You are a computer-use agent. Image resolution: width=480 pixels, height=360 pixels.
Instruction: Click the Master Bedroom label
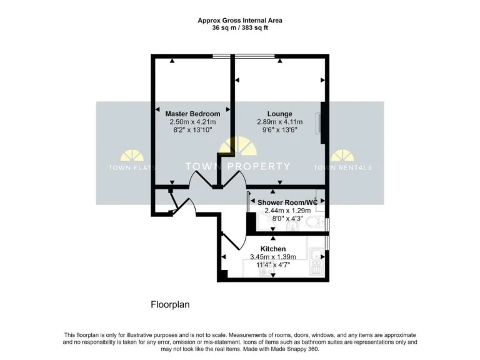(x=192, y=114)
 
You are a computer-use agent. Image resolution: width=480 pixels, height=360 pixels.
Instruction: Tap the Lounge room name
(x=279, y=114)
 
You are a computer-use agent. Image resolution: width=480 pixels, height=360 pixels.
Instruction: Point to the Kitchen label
(x=273, y=249)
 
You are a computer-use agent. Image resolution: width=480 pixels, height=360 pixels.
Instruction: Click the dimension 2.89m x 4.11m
(x=279, y=122)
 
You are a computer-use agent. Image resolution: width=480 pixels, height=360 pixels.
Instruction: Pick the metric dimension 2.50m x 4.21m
(x=192, y=122)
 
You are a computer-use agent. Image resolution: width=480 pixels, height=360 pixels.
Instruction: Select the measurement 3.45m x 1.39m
(x=273, y=256)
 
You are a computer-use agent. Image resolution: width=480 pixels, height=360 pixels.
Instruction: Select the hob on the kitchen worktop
(x=316, y=269)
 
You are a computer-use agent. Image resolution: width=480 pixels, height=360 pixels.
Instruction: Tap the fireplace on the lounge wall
(x=320, y=122)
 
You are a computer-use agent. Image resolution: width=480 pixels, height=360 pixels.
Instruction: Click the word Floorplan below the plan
(x=170, y=305)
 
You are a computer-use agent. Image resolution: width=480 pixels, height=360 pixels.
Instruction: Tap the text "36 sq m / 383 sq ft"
(x=240, y=27)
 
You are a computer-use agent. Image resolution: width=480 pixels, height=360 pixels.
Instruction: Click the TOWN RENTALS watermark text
(x=342, y=167)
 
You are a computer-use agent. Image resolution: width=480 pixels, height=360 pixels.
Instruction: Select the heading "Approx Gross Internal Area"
(x=240, y=20)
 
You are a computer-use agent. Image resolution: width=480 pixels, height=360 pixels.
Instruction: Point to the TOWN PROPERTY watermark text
(x=238, y=166)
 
